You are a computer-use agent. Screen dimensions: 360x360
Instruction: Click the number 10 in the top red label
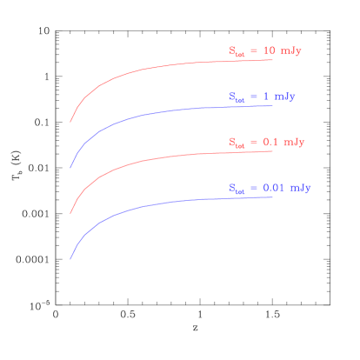click(x=269, y=51)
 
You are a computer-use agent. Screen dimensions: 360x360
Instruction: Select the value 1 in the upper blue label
click(x=265, y=97)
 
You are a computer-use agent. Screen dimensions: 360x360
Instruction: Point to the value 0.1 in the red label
click(x=270, y=142)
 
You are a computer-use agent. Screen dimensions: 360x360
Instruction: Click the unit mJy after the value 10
click(x=291, y=51)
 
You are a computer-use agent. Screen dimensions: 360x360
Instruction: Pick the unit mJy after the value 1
click(x=284, y=97)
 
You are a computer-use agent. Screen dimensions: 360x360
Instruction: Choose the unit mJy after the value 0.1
click(x=294, y=142)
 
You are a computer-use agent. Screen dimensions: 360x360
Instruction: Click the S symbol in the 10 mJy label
click(x=232, y=51)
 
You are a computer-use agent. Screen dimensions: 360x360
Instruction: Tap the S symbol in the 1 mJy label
click(x=232, y=97)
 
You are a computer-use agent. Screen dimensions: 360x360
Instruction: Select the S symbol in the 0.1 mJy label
click(x=232, y=142)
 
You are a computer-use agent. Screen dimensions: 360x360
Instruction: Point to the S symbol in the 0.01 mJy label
click(x=232, y=187)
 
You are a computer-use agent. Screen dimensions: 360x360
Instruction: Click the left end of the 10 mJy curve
click(x=70, y=123)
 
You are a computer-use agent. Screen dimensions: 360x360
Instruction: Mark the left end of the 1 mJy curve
click(x=70, y=168)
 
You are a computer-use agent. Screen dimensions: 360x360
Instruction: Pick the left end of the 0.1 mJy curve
click(x=70, y=213)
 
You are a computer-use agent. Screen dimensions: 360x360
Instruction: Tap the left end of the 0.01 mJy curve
click(x=70, y=259)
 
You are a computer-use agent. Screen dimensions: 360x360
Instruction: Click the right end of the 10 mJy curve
click(x=273, y=60)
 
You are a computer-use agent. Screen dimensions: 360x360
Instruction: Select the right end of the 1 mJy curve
click(x=273, y=105)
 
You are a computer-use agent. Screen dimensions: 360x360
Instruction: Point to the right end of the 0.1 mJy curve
click(x=273, y=151)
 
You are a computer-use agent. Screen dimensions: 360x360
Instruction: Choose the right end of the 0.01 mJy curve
click(x=273, y=197)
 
